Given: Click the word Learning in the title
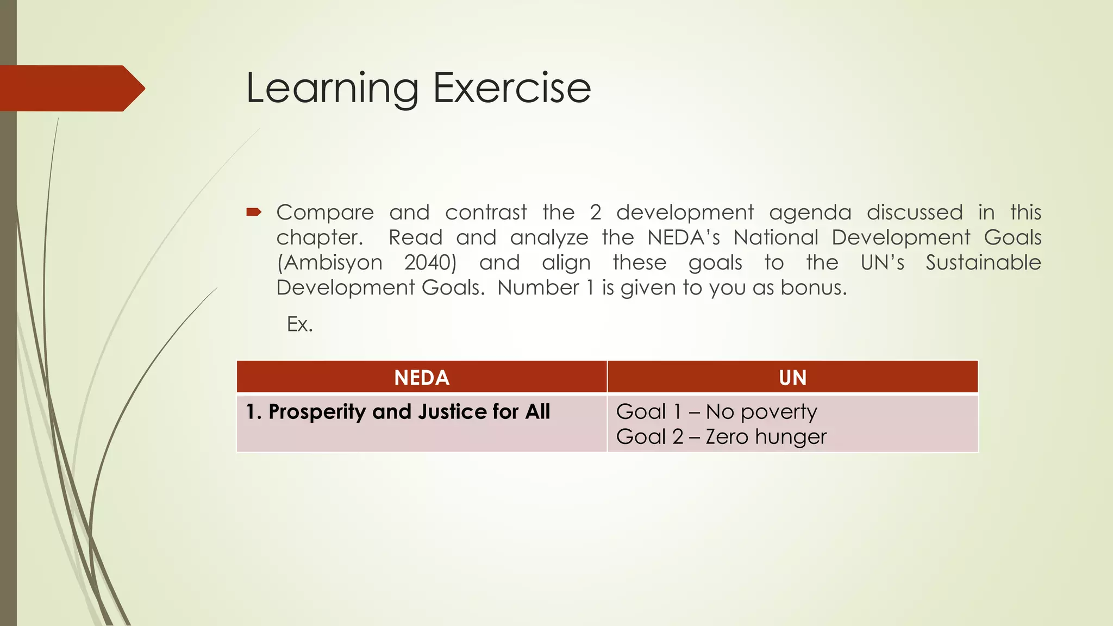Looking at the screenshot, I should [332, 88].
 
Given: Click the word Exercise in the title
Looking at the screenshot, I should [511, 88].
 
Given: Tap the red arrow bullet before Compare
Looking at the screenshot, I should [254, 212].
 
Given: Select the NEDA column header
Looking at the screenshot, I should [422, 378].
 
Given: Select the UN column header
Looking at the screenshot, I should [792, 378].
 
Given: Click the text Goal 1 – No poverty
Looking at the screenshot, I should [716, 412].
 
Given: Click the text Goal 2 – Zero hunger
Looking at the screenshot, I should [721, 437].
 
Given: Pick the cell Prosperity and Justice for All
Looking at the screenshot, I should [398, 412].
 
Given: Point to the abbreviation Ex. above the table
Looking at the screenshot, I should [299, 324].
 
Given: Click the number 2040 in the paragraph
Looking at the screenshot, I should [430, 262].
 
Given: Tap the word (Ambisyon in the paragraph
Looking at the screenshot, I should [330, 262].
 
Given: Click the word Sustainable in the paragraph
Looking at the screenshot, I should [983, 262].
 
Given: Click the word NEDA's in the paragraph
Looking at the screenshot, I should [684, 237].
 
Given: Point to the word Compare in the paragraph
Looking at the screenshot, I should [325, 212].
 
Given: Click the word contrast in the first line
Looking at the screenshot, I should [486, 212].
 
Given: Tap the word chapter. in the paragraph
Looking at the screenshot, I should [319, 237].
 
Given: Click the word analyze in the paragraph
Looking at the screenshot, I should [549, 237].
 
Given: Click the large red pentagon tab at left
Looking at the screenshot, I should [71, 88].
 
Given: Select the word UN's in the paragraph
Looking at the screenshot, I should [883, 262].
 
